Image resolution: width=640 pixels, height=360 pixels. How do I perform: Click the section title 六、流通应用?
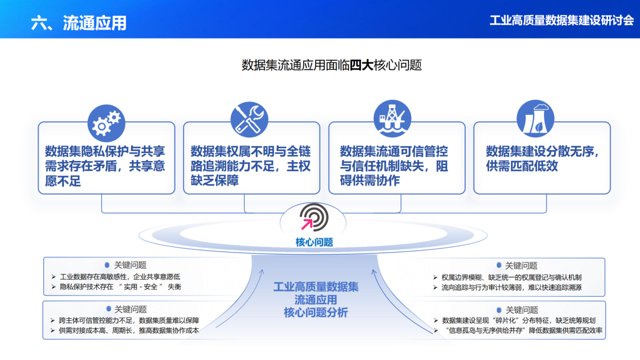pos(79,23)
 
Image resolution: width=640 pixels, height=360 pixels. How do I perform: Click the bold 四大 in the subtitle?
pos(362,66)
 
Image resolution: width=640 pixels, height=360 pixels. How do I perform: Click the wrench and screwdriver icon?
pos(249,120)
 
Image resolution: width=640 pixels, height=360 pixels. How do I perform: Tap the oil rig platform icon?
pos(392,119)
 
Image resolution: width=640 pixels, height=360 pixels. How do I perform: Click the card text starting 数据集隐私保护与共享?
pos(105,166)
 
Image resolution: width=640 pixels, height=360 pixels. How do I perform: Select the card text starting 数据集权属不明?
pos(251,166)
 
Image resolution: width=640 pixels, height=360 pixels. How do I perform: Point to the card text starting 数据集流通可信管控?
pos(394,166)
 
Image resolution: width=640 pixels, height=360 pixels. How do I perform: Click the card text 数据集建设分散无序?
pos(542,159)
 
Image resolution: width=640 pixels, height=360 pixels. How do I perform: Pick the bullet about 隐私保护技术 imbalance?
pos(120,287)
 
